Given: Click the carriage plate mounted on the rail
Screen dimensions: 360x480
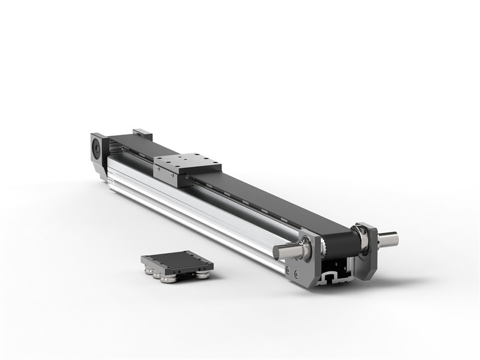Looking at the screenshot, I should [187, 163].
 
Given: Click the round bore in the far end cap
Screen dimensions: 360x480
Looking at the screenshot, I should [96, 148].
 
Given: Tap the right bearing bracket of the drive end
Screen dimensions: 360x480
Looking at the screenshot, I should [367, 252].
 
